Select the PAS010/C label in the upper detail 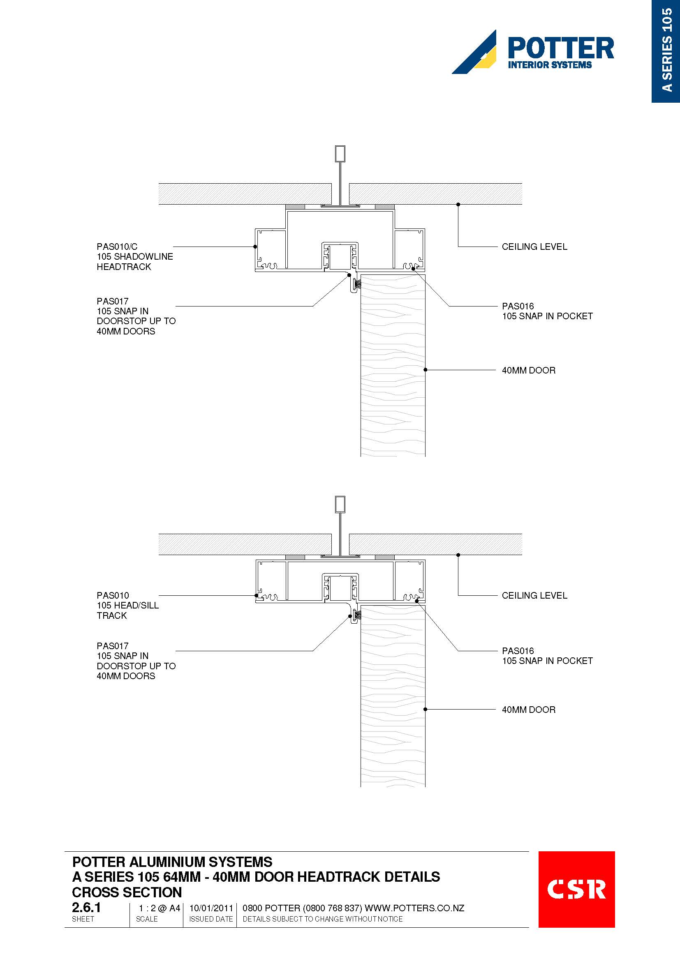coord(117,247)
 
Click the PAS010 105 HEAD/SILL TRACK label coord(127,605)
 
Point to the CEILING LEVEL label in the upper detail coord(534,247)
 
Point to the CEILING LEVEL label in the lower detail coord(534,595)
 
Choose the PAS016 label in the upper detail coord(518,306)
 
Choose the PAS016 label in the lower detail coord(518,651)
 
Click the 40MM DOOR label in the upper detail coord(528,370)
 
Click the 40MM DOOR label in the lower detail coord(528,710)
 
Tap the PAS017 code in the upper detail coord(113,301)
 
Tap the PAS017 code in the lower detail coord(113,646)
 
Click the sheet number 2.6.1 coord(86,908)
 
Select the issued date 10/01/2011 coord(211,908)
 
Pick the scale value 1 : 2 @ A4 coord(160,908)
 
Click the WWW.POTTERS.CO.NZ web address coord(414,908)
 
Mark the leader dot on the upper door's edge coord(426,370)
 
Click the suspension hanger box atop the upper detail coord(340,154)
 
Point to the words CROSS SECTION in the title coord(127,892)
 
